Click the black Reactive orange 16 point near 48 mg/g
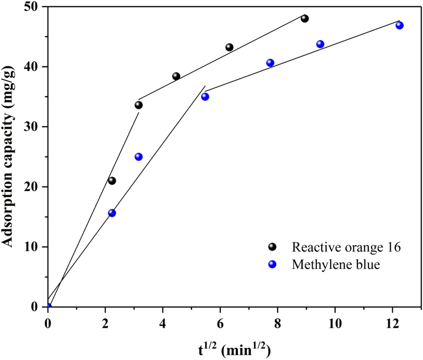(x=305, y=18)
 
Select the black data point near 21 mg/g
(x=112, y=181)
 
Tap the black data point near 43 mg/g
(x=229, y=47)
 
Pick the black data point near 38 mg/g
(x=176, y=76)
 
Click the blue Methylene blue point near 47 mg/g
(x=399, y=25)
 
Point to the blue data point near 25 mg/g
(x=139, y=157)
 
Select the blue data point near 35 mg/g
(x=205, y=97)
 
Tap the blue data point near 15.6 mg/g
(x=112, y=213)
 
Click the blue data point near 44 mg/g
(x=320, y=44)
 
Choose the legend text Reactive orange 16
(x=346, y=247)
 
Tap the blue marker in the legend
(x=273, y=265)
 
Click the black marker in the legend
(x=273, y=247)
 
